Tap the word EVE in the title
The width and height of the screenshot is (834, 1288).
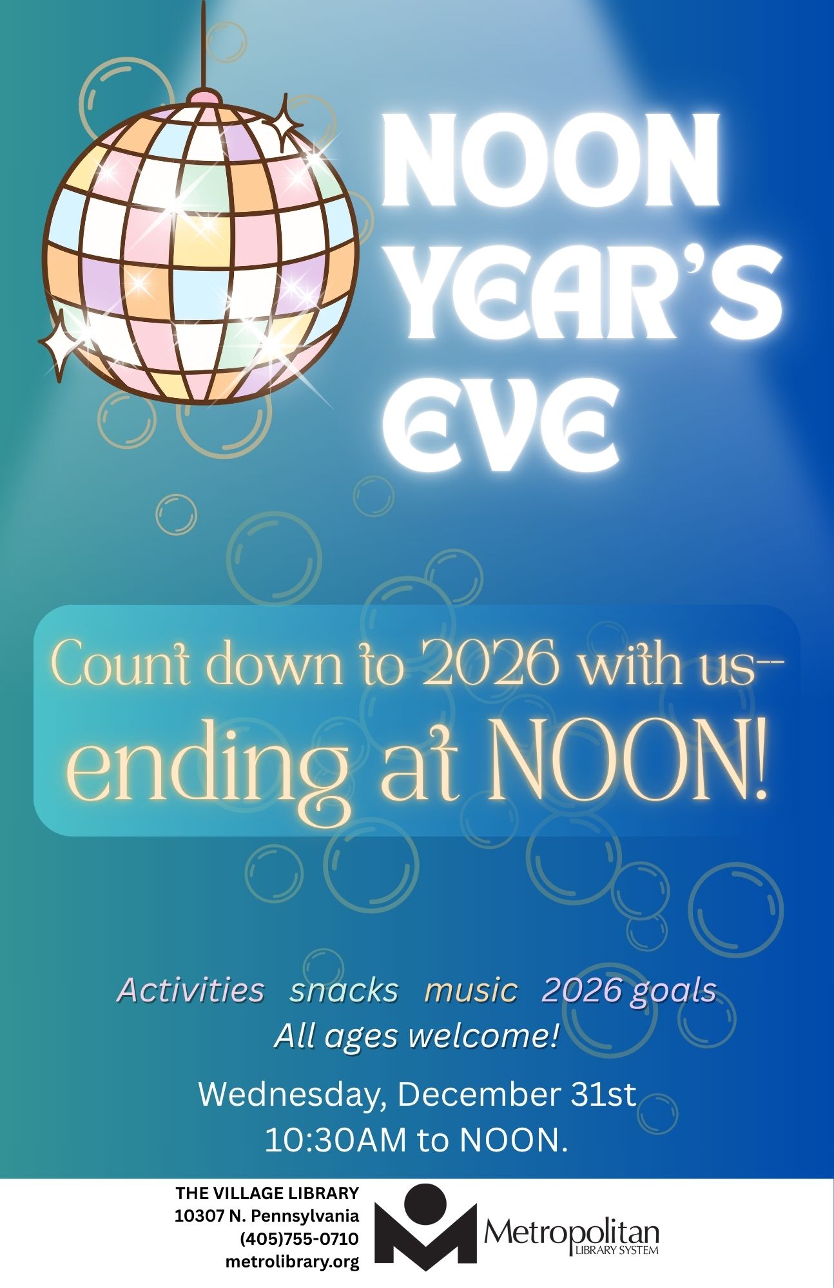click(500, 422)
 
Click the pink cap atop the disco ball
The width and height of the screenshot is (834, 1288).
click(205, 98)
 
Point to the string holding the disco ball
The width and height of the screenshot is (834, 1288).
click(205, 45)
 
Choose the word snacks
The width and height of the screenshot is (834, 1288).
click(344, 990)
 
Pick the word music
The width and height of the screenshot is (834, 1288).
click(471, 990)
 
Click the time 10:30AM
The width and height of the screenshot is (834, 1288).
click(336, 1141)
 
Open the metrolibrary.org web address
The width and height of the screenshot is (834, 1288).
click(292, 1262)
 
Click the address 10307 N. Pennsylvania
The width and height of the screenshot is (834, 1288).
click(267, 1217)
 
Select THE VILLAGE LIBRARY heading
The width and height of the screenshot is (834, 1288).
click(267, 1193)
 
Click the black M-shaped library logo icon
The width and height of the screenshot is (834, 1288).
click(425, 1227)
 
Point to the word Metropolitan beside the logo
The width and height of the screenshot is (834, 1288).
click(572, 1232)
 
